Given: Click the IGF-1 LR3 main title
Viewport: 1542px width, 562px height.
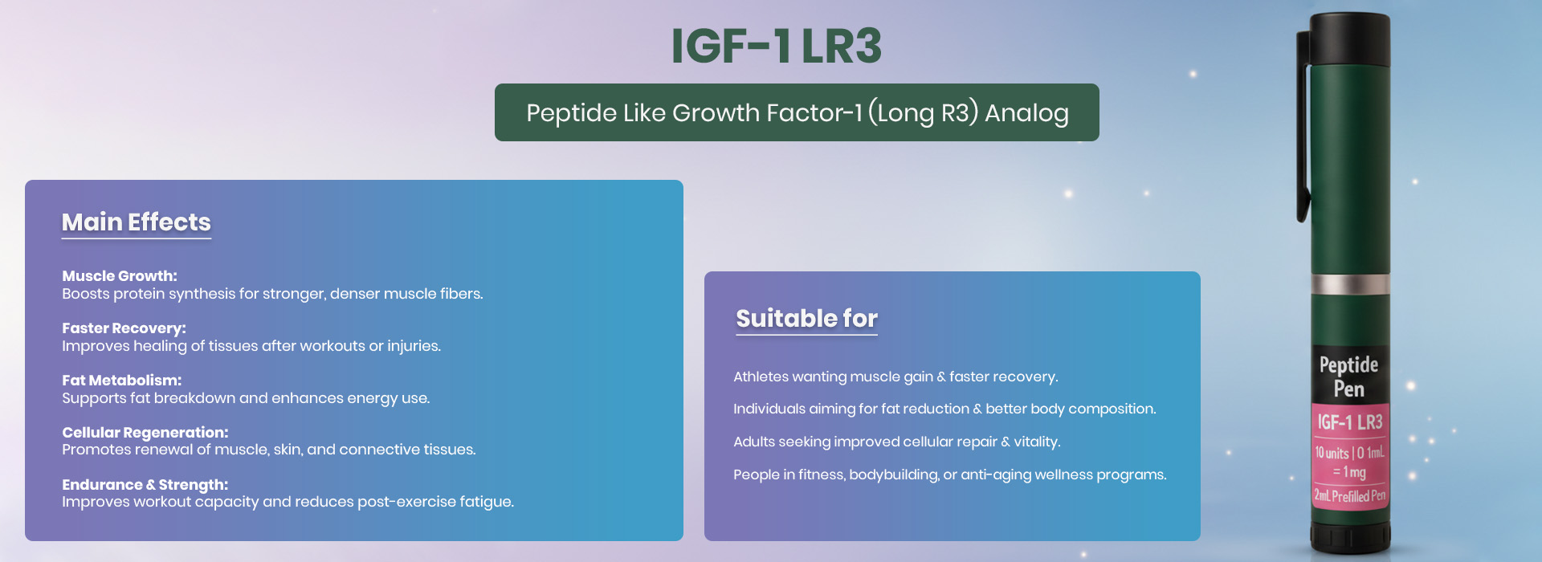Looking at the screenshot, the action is point(776,46).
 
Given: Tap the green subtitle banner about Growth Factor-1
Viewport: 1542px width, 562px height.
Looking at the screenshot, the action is point(797,112).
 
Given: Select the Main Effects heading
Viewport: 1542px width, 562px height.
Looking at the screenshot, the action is point(137,222).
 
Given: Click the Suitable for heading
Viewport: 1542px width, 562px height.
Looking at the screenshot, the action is point(806,318).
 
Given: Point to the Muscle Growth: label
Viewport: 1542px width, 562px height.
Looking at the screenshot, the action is point(120,275).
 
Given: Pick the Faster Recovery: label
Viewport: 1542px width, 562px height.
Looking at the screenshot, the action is point(124,328).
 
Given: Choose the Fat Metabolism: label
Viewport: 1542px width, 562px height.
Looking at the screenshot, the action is point(122,380).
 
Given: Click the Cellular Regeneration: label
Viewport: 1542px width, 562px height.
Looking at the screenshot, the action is point(145,432).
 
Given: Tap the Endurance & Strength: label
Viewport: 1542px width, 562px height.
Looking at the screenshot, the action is point(145,484).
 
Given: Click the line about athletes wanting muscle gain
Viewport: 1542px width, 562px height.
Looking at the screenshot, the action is point(895,377).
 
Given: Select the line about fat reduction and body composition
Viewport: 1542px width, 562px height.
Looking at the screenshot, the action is point(944,409).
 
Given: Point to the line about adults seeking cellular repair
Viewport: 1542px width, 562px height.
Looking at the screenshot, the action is point(896,442).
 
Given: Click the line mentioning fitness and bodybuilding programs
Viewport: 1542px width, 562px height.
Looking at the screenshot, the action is point(949,474).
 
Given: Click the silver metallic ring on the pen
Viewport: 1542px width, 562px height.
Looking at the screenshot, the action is point(1350,284).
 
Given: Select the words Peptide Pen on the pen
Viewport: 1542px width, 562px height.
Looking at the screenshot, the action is point(1349,377).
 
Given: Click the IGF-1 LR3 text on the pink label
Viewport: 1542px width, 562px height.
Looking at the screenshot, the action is point(1350,422).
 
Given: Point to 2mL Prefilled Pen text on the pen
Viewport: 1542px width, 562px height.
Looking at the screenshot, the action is point(1350,495).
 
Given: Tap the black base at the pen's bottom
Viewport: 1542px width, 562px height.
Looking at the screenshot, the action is point(1350,539).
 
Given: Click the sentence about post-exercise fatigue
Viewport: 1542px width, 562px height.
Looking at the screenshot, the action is point(288,502).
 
